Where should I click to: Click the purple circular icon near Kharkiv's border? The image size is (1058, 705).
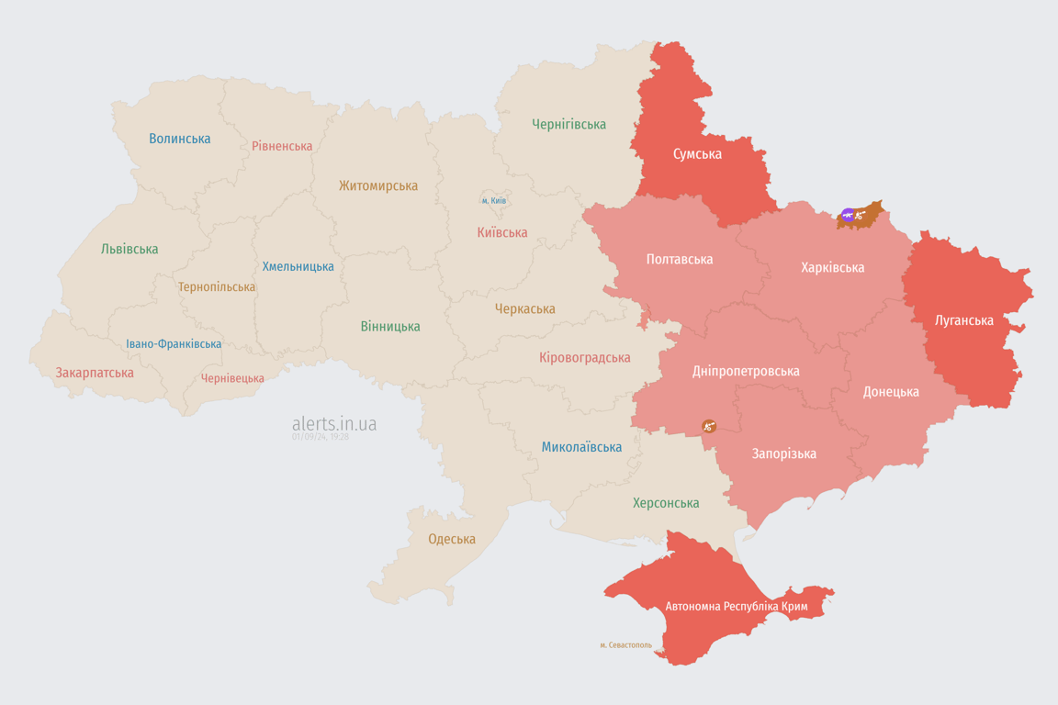pos(848,215)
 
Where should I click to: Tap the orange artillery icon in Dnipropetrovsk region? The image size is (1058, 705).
pos(708,426)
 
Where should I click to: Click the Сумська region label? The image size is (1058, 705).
pos(697,154)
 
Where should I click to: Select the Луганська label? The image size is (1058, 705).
pos(963,320)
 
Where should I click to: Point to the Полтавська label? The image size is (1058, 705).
pos(679,260)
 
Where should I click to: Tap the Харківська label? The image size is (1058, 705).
pos(832,268)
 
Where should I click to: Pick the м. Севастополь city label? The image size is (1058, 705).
pos(625,645)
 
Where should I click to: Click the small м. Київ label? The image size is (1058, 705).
pos(493,200)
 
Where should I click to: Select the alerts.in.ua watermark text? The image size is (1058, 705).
pos(333,424)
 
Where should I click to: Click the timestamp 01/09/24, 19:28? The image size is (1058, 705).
pos(321,437)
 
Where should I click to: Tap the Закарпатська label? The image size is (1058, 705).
pos(95,373)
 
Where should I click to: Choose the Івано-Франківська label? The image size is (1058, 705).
pos(174,344)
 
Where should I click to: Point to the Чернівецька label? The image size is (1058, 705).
pos(232,378)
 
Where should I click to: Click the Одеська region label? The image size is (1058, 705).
pos(452,539)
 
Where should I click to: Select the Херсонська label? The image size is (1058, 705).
pos(666,503)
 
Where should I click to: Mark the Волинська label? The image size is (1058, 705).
pos(179,139)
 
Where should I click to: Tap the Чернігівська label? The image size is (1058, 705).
pos(568,124)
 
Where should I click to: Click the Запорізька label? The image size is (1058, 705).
pos(783,453)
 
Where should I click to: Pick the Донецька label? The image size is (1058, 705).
pos(890,392)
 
